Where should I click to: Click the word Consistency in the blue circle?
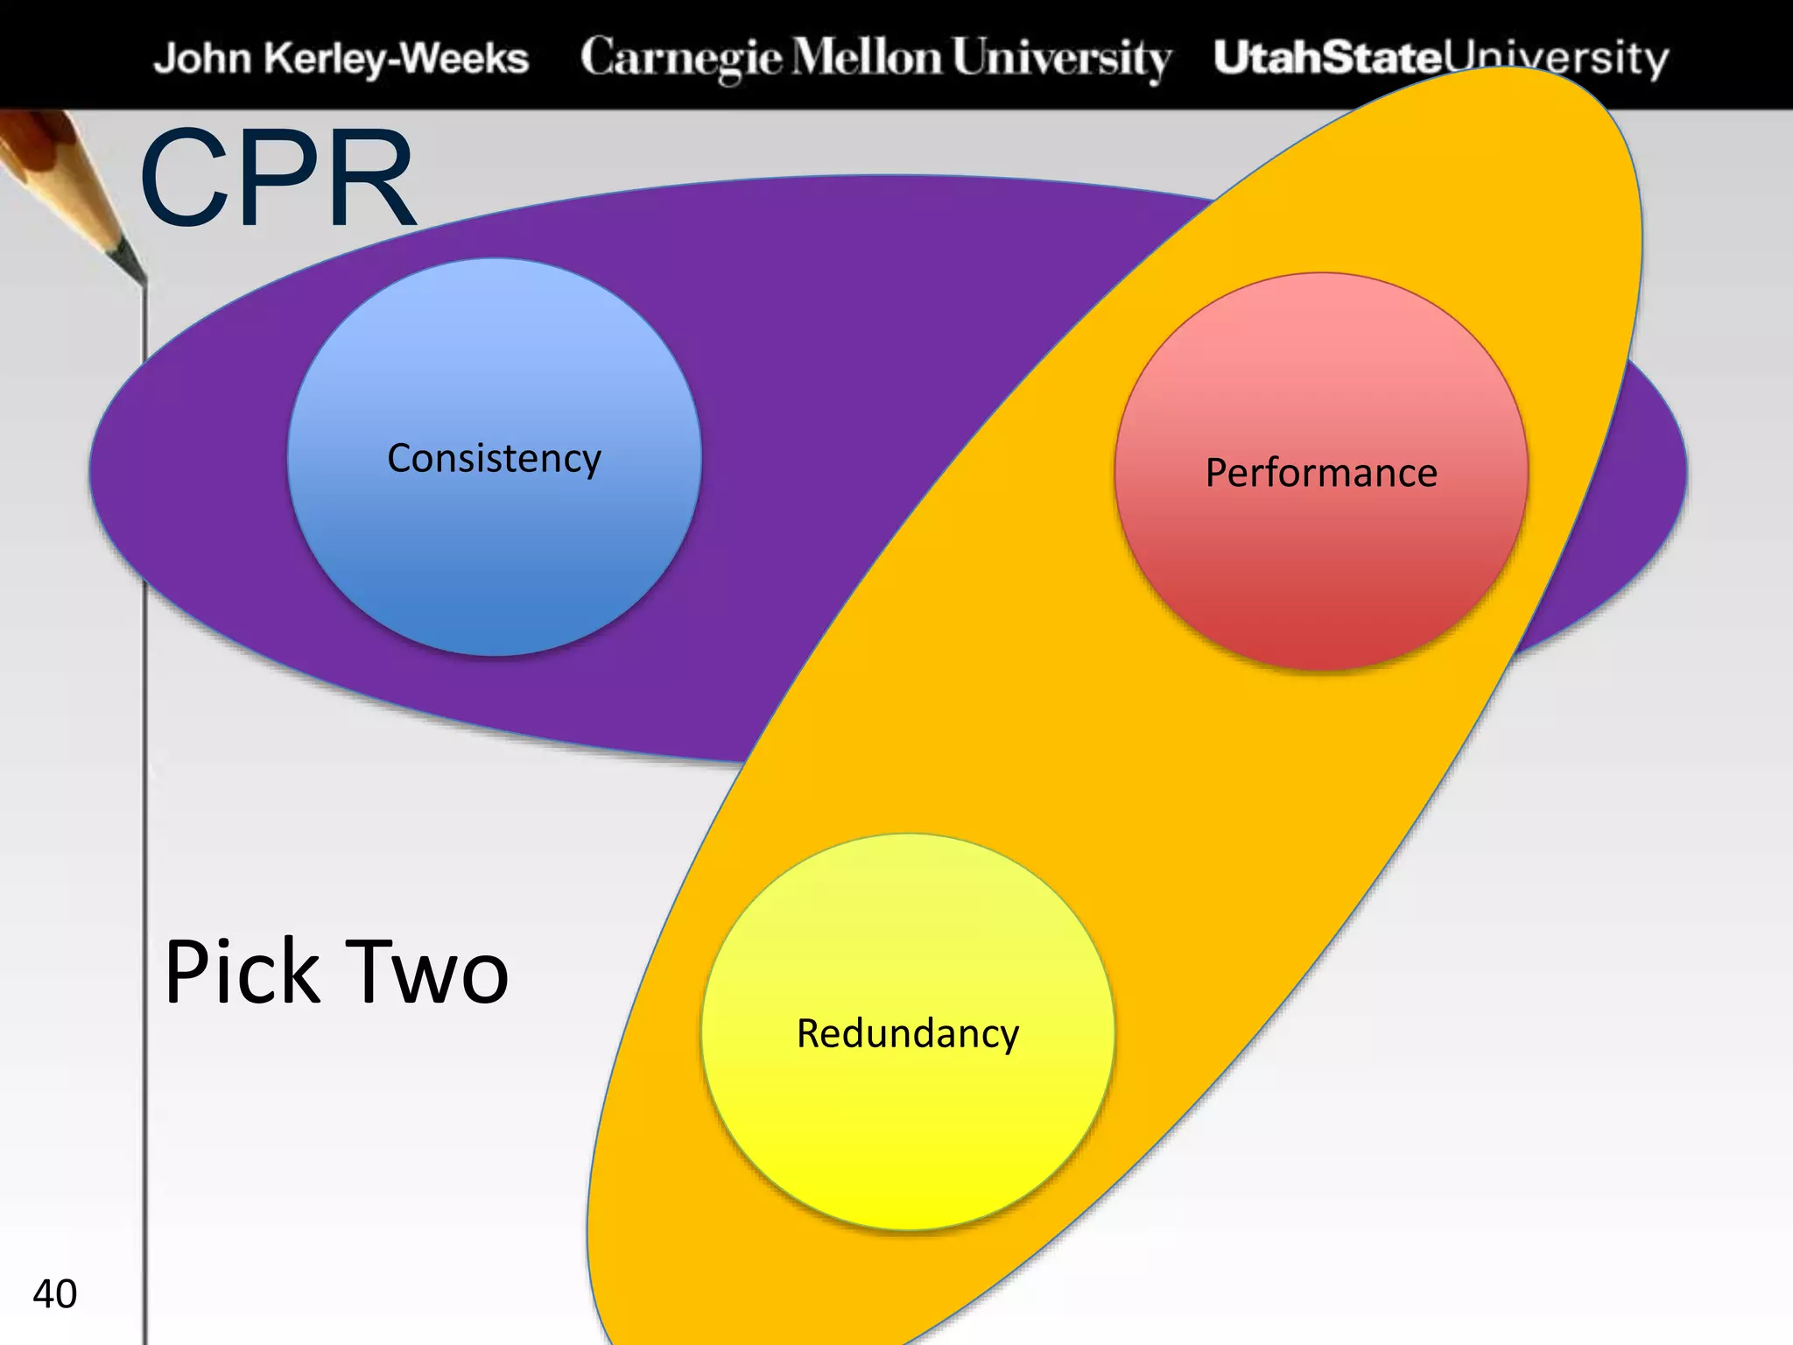point(494,459)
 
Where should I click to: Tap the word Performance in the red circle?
point(1321,474)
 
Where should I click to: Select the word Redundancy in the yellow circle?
point(908,1034)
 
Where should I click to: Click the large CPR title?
point(278,180)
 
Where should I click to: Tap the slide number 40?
point(54,1294)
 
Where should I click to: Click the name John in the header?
point(202,59)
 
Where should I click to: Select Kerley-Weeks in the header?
point(397,59)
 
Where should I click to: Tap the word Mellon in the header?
point(868,57)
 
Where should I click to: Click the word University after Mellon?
point(1061,59)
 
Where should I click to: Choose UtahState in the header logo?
point(1326,57)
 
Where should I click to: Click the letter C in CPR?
point(184,180)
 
